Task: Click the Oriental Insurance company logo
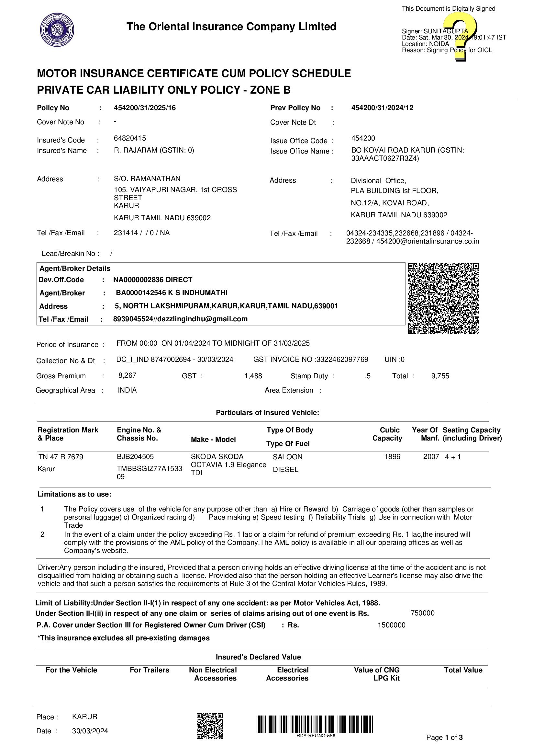(x=57, y=29)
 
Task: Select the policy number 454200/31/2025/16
(x=145, y=108)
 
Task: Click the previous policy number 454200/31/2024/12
(x=382, y=108)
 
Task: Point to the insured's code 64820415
(x=130, y=138)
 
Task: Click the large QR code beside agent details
(x=443, y=298)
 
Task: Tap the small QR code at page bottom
(x=209, y=726)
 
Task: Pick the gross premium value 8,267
(x=127, y=375)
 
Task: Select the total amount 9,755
(x=440, y=376)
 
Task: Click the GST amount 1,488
(x=253, y=376)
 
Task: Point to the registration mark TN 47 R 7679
(x=61, y=457)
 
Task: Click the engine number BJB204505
(x=135, y=457)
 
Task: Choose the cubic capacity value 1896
(x=392, y=457)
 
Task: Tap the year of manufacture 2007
(x=431, y=457)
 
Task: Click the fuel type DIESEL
(x=285, y=470)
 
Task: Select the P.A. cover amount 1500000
(x=392, y=625)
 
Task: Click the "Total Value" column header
(x=463, y=670)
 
